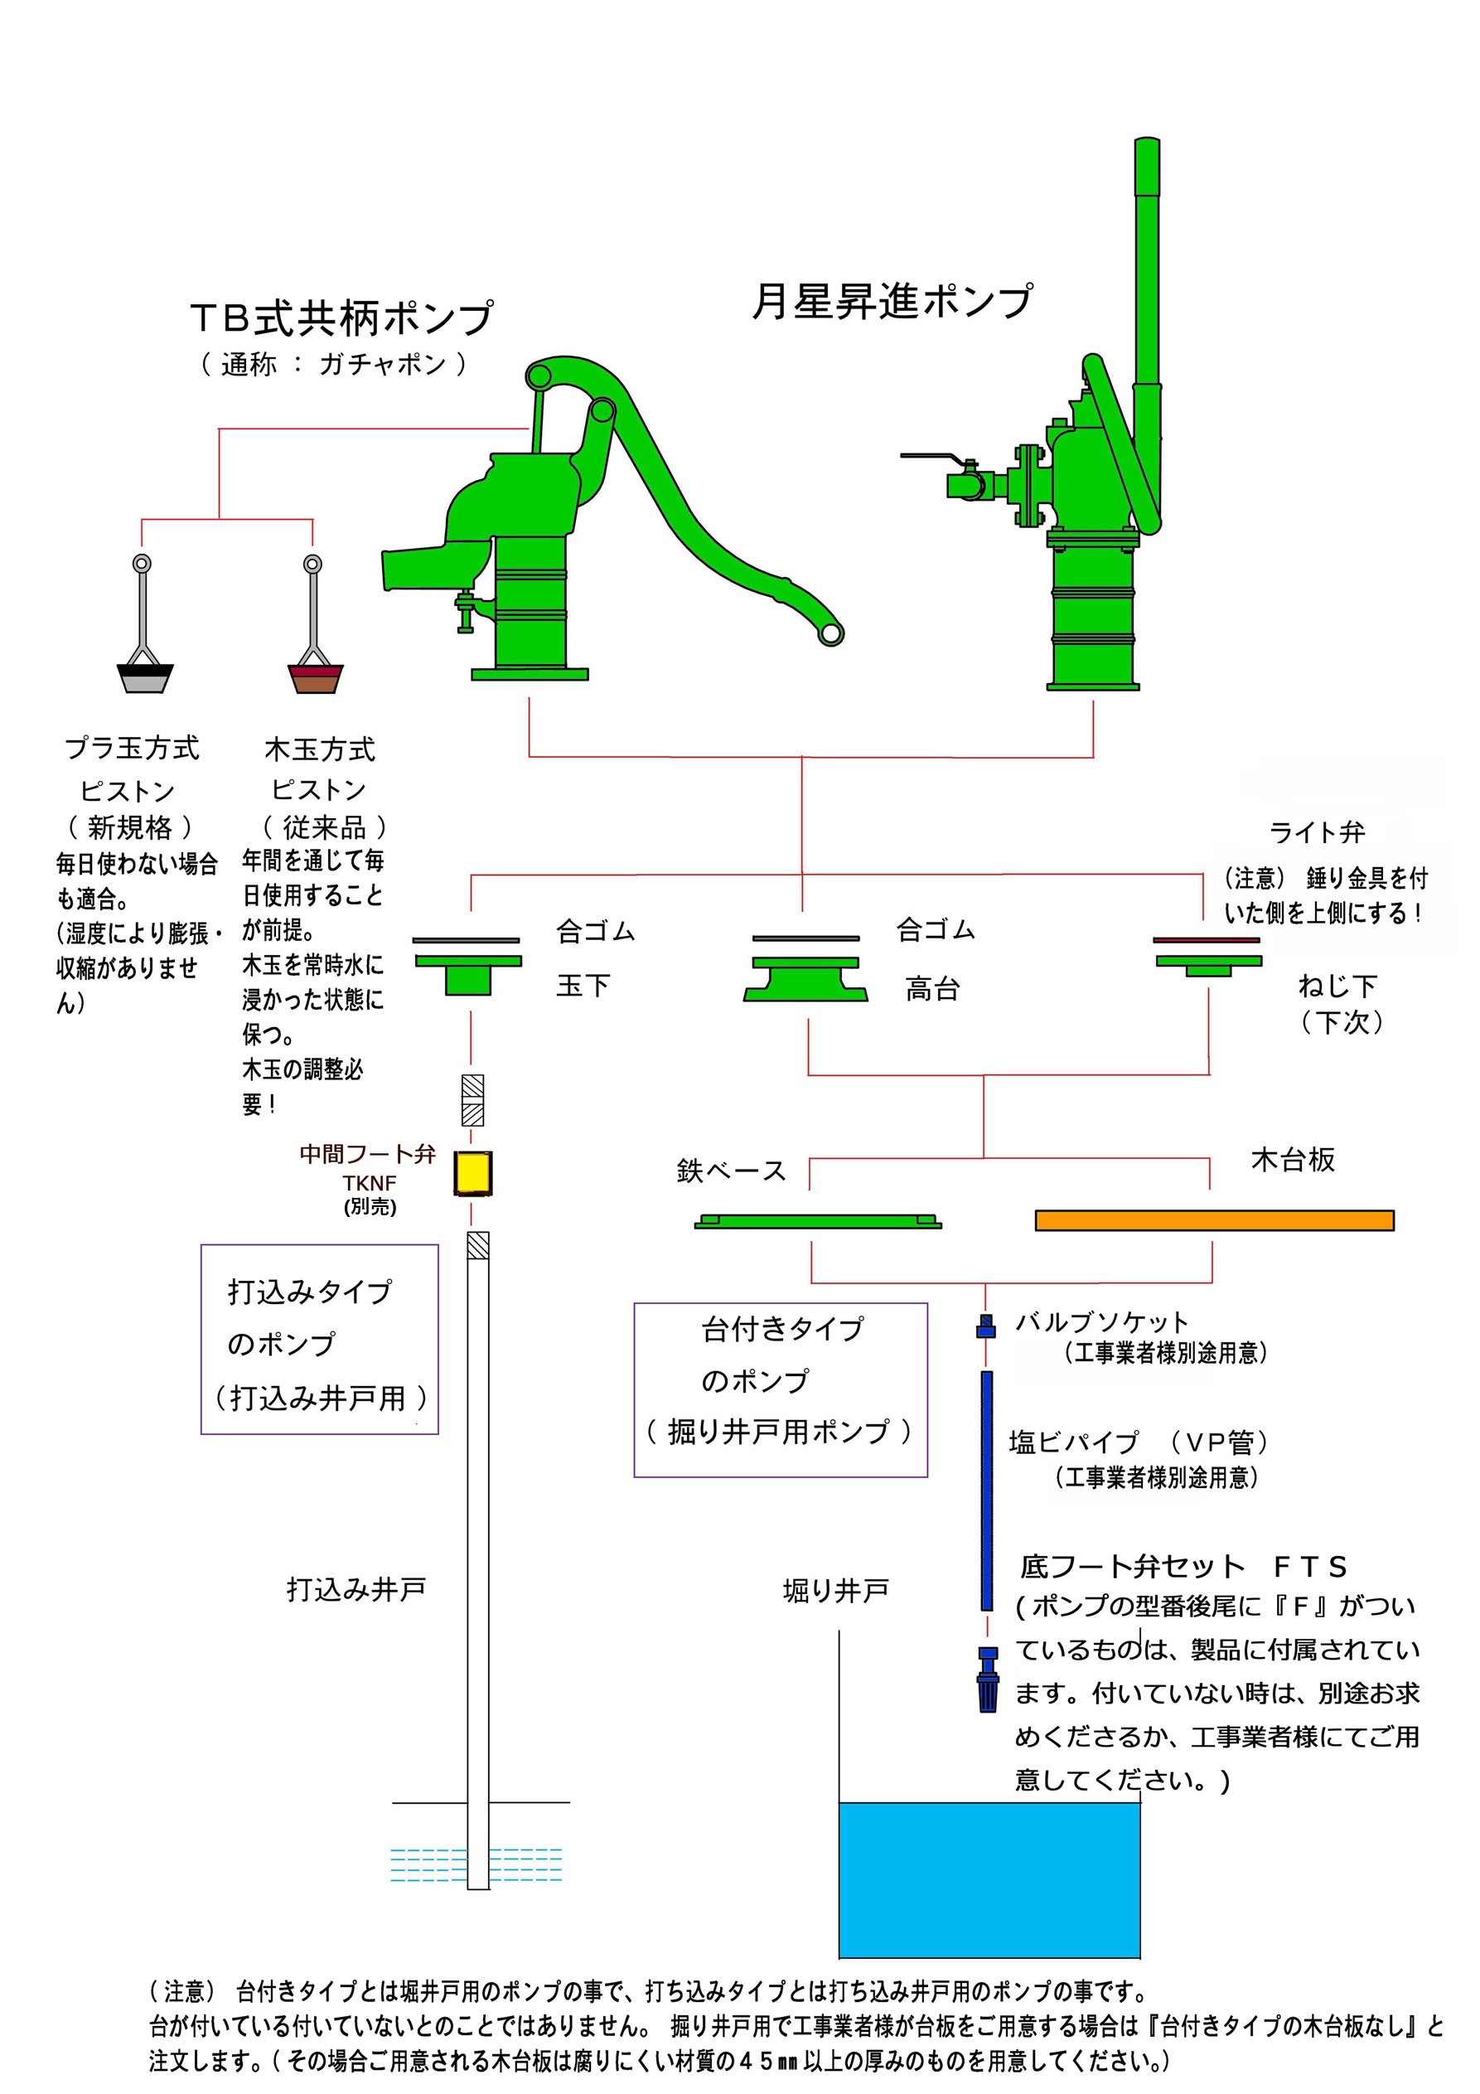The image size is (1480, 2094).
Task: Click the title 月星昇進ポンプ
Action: pos(892,302)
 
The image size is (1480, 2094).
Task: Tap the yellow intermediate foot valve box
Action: pos(472,1174)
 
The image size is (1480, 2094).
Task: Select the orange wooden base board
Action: pos(1214,1220)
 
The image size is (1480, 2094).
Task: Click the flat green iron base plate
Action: pos(817,1221)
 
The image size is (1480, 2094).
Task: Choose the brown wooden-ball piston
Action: pos(315,679)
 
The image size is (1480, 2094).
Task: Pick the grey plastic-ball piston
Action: pos(145,679)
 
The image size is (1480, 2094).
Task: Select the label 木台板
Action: pos(1292,1160)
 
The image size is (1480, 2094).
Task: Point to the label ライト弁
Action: pos(1317,831)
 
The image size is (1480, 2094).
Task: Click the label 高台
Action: pos(932,989)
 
